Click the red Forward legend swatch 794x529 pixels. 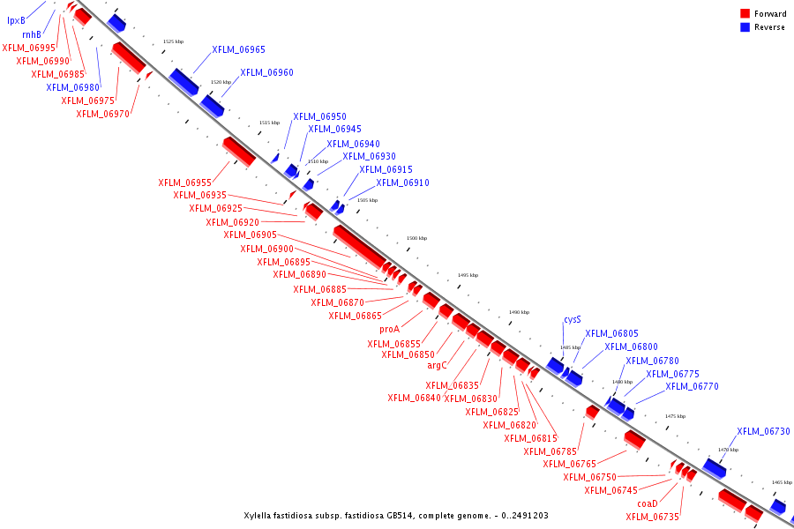coord(745,14)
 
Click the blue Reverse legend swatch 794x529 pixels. coord(745,27)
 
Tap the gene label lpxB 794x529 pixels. coord(16,20)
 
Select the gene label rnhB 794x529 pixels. coord(32,34)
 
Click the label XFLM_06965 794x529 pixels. coord(238,50)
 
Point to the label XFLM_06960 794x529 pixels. coord(266,72)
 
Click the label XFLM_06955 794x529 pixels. coord(185,183)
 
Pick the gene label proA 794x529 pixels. coord(390,329)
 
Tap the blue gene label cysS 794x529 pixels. coord(573,320)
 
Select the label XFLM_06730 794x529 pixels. coord(763,431)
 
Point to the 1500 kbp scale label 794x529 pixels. coord(417,238)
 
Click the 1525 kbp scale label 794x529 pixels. coord(174,41)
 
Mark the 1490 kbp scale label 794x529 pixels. coord(520,312)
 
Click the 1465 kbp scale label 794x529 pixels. coord(782,482)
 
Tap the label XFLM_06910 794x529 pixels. coord(402,183)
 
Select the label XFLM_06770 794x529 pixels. coord(692,386)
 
